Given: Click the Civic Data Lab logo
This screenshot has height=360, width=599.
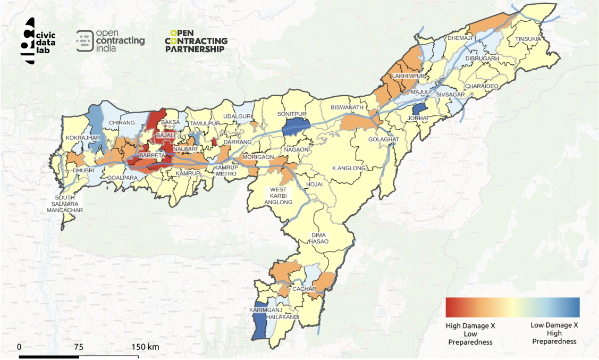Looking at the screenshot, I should point(40,41).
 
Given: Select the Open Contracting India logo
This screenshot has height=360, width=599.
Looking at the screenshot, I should point(111,41).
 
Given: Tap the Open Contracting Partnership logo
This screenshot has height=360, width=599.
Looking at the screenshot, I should point(196,41).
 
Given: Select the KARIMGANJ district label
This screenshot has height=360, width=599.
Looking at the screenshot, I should point(264,309).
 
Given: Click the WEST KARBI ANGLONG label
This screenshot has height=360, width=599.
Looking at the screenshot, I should point(279,196).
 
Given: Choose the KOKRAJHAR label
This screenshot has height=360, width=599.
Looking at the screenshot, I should point(80,138).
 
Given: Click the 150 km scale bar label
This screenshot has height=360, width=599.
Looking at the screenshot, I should point(145,347).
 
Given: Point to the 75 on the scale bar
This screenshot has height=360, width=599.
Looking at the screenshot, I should point(78,347).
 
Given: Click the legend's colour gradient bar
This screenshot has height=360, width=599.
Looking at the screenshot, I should point(512,307).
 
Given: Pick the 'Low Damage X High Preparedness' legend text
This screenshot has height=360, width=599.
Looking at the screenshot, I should point(554,333).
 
